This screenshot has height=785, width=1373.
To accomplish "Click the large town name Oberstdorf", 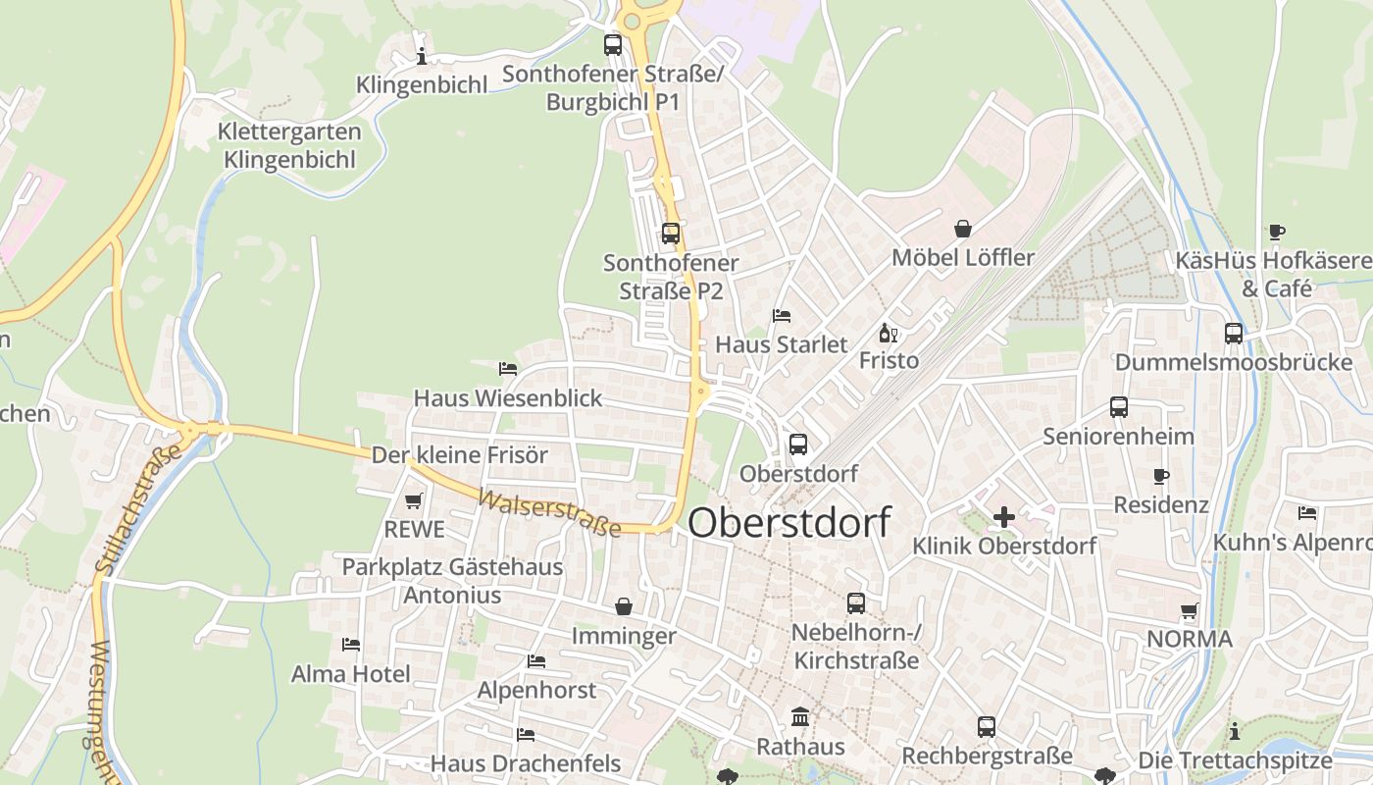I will (789, 522).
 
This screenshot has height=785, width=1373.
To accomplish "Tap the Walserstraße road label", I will (549, 513).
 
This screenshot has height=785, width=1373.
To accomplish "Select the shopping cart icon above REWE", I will (414, 501).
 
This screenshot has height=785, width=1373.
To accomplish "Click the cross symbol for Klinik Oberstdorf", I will (1004, 517).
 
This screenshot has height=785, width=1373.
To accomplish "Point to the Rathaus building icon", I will (800, 718).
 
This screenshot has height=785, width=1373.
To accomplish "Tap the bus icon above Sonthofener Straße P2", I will (671, 234).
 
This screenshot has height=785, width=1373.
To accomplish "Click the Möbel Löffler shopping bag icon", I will (963, 229).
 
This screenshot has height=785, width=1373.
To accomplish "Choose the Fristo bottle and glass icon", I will (889, 333).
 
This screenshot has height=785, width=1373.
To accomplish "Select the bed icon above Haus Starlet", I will (782, 316).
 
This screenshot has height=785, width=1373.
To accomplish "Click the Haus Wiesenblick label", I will (508, 398).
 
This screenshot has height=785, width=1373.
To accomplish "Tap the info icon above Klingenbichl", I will (422, 56).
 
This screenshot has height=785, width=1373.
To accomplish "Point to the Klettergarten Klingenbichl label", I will (289, 145).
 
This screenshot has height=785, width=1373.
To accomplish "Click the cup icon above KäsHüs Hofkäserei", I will (1276, 233).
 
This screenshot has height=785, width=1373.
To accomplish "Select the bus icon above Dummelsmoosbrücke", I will (1234, 334).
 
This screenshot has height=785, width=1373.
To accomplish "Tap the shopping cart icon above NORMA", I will (1190, 611).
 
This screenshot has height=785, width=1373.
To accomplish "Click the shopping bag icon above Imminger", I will (624, 607).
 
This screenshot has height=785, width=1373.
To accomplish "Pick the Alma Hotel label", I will (351, 674).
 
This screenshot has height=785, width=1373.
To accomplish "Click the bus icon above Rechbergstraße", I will (987, 727).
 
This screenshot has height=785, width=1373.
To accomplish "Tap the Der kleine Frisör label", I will (459, 455).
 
